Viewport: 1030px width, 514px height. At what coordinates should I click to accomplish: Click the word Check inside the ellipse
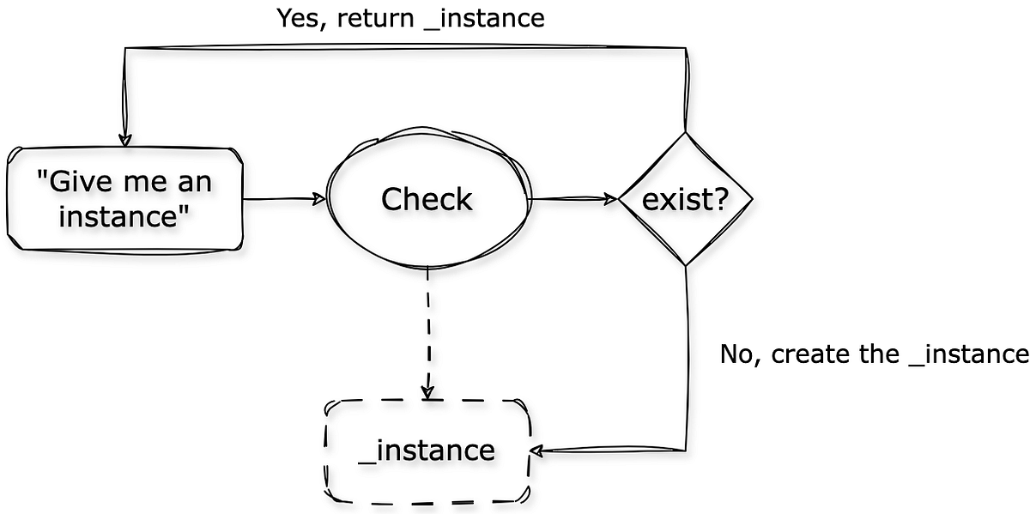click(x=427, y=200)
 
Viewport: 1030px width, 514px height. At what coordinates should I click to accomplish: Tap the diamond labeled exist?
click(x=686, y=199)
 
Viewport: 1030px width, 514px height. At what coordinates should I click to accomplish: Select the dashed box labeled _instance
click(x=427, y=451)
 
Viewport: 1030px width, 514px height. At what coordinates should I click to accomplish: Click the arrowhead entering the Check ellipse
click(x=320, y=199)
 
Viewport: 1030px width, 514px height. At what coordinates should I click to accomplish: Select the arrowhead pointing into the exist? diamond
click(x=611, y=199)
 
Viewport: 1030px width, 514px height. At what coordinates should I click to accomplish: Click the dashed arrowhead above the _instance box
click(x=427, y=393)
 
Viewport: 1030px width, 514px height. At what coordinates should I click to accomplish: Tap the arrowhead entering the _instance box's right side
click(x=537, y=451)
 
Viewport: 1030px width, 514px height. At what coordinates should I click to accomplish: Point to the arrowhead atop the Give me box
click(x=125, y=140)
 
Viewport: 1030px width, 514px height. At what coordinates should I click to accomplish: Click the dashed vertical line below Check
click(x=427, y=326)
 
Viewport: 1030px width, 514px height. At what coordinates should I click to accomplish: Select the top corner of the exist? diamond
click(x=685, y=133)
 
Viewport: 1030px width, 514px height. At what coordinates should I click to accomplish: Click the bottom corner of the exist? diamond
click(x=685, y=265)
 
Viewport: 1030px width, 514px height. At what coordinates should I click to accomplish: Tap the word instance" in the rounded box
click(x=124, y=216)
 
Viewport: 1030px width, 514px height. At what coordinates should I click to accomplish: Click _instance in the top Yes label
click(x=488, y=18)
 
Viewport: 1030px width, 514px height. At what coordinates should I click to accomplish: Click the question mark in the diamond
click(x=721, y=199)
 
